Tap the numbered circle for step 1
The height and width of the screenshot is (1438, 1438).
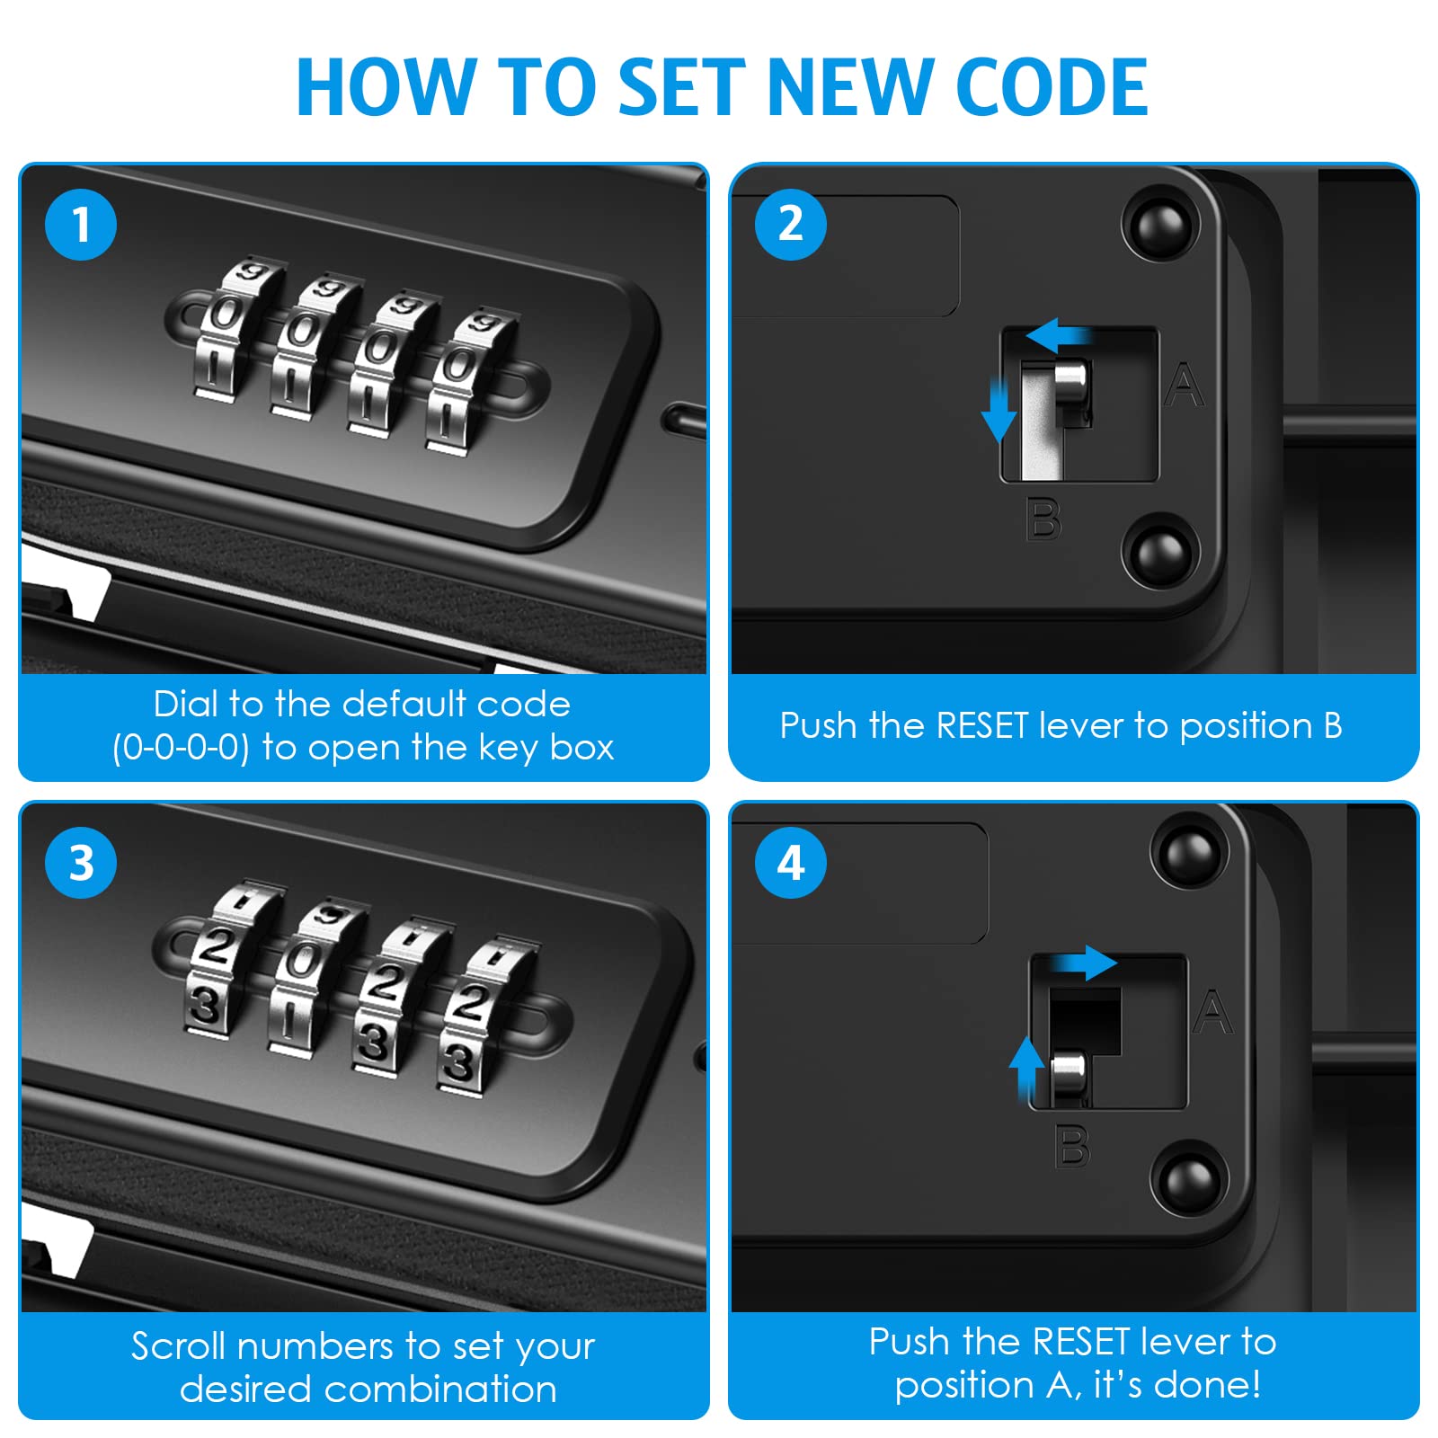[x=81, y=225]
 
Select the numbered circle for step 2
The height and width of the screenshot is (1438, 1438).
[x=791, y=225]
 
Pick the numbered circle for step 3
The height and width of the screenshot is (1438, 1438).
[x=81, y=863]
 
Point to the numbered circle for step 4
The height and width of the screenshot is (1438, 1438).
[x=791, y=863]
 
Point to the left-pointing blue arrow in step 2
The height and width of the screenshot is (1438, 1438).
[x=1058, y=337]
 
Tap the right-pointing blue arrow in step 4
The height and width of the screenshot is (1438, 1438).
[x=1087, y=963]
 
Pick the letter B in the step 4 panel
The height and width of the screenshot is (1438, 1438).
[x=1071, y=1148]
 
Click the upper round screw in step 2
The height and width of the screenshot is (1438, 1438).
[x=1161, y=224]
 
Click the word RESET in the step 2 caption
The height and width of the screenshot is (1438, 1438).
[x=981, y=725]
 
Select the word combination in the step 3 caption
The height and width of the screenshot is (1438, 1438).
[x=440, y=1389]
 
